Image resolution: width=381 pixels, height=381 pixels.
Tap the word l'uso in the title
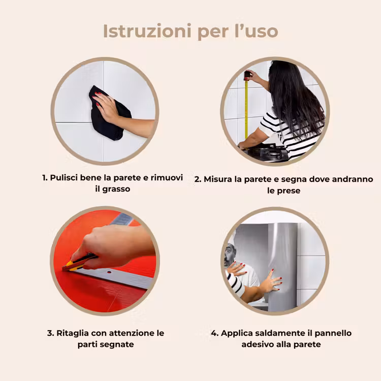click(x=257, y=31)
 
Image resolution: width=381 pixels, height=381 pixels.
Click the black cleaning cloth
click(x=109, y=113)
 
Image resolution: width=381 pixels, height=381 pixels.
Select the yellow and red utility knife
click(x=79, y=262)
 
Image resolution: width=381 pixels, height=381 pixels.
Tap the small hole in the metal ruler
click(x=109, y=272)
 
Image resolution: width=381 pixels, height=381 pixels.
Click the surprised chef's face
click(x=230, y=255)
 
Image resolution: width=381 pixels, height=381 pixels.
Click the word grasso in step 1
click(x=116, y=189)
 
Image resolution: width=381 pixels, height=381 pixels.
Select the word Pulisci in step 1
click(x=64, y=178)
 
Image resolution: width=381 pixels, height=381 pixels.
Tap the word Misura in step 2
click(x=218, y=179)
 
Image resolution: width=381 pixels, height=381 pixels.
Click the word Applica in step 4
click(x=235, y=333)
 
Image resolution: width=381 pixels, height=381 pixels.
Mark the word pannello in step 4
click(x=333, y=333)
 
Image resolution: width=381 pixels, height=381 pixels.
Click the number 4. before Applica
click(x=215, y=333)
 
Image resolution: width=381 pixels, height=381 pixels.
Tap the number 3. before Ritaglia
click(x=50, y=333)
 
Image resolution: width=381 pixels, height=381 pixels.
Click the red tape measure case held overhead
click(x=246, y=76)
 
